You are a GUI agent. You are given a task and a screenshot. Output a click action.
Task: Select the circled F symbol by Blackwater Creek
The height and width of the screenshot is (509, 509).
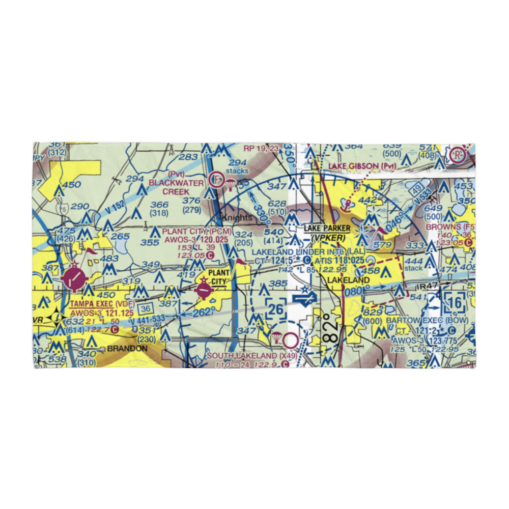pos(215,179)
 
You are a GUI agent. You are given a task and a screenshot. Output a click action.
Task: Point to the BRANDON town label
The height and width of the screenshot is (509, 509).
pos(127,349)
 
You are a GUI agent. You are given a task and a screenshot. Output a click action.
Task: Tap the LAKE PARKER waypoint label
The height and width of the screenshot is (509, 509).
pos(327,229)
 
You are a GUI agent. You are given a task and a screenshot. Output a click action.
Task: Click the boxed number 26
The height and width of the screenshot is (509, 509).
pos(275,308)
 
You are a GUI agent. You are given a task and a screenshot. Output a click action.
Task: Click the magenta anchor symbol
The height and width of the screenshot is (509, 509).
pos(348,205)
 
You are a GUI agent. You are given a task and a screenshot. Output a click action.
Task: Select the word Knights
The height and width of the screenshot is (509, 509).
pos(237,218)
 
